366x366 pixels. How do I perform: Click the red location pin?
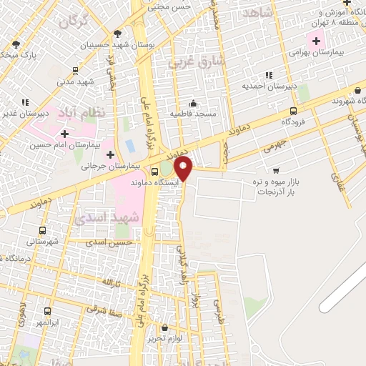[x=184, y=169]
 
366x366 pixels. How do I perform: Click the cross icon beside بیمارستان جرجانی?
[x=110, y=154]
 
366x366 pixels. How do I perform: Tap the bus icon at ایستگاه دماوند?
[x=155, y=172]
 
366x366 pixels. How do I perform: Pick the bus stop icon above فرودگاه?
[x=293, y=111]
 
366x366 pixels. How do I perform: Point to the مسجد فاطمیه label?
[x=192, y=114]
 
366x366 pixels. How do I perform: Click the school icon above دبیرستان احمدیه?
[x=269, y=75]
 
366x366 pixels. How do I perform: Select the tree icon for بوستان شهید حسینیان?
[x=117, y=34]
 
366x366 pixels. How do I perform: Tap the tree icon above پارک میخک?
[x=16, y=44]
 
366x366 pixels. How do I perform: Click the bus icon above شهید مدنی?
[x=75, y=71]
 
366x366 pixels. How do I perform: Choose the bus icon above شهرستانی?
[x=43, y=230]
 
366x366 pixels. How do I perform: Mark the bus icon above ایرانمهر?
[x=47, y=311]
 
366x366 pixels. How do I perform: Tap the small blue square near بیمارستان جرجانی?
[x=130, y=146]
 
